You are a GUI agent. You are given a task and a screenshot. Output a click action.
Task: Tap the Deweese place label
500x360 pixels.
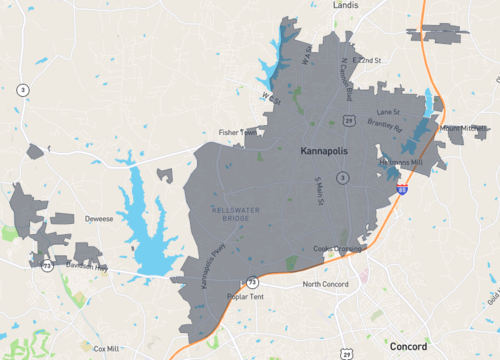pos(99,217)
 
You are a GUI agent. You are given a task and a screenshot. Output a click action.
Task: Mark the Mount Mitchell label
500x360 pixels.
pos(463,128)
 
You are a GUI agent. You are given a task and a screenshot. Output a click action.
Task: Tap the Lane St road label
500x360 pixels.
pos(387,112)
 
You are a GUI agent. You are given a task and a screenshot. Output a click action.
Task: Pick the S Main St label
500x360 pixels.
pos(320,191)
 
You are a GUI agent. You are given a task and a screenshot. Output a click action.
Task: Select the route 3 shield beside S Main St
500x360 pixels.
pos(342,177)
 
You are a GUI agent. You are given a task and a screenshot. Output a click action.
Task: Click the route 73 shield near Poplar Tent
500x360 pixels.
pos(252,282)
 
